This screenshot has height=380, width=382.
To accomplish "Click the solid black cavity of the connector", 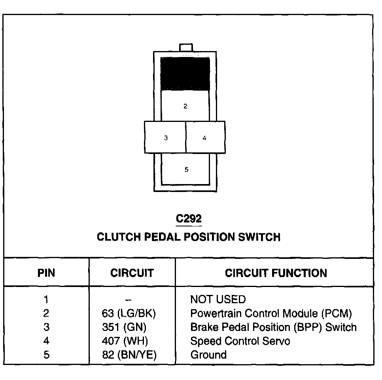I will tap(185, 74).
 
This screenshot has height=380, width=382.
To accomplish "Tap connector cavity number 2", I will tap(185, 106).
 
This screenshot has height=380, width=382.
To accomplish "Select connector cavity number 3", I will tap(165, 138).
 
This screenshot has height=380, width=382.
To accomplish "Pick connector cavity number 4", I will tap(205, 138).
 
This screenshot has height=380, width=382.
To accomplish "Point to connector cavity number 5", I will tap(186, 169).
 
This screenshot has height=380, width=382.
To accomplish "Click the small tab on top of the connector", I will tap(185, 47).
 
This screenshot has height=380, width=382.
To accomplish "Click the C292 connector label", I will tap(189, 219).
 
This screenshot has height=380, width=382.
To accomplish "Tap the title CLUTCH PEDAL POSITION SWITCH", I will tap(189, 237).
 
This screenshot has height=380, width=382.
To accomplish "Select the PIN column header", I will tap(46, 273).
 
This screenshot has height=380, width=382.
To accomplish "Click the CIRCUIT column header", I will tap(132, 273).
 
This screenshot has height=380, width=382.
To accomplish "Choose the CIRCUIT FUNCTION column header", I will tap(276, 273).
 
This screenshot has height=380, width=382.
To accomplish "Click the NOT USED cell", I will tap(218, 299).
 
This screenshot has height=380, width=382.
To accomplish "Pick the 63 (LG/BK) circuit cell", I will tap(129, 313).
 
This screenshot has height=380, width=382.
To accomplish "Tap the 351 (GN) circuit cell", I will tap(124, 327).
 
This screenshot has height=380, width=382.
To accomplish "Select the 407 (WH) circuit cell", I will tap(125, 341).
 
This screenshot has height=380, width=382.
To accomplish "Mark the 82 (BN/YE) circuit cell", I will tap(129, 355).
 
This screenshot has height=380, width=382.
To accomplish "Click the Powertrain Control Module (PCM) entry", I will tap(271, 313).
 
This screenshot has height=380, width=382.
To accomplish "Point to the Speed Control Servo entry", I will tap(240, 341).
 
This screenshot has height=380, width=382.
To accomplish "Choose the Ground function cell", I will tap(208, 355).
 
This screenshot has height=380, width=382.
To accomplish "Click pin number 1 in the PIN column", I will tap(46, 299).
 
